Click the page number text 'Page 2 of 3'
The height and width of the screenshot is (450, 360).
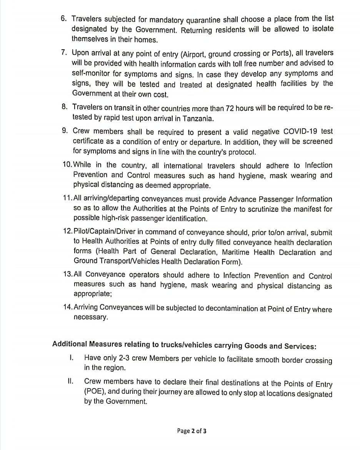pyautogui.click(x=192, y=431)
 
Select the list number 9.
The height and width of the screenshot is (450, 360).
pyautogui.click(x=65, y=131)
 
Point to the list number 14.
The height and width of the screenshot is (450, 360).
pyautogui.click(x=67, y=307)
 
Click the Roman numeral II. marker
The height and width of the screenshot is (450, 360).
pyautogui.click(x=70, y=382)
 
